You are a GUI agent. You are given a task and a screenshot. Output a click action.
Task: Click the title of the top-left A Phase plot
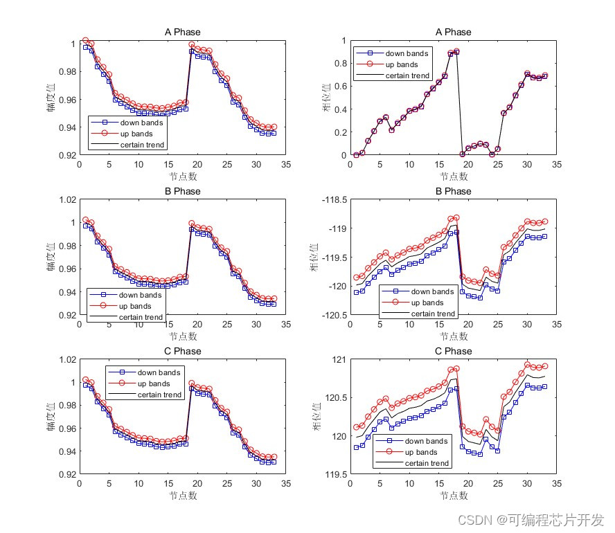pos(182,32)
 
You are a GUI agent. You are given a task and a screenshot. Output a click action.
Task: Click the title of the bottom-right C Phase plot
pos(453,351)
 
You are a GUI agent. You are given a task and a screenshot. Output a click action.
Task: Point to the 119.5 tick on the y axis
pos(335,474)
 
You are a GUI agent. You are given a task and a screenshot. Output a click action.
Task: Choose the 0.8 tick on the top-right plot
pos(339,63)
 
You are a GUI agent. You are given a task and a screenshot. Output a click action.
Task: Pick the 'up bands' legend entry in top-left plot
pos(142,134)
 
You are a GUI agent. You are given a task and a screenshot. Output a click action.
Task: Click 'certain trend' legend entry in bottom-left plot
pos(159,395)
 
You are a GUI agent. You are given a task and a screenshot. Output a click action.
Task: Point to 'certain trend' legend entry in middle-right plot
pos(433,314)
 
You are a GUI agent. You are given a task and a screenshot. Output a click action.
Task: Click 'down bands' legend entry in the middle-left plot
pos(141,295)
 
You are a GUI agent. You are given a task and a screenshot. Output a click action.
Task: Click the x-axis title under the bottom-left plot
pos(183,496)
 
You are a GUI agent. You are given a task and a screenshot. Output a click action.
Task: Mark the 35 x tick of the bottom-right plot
pos(558,485)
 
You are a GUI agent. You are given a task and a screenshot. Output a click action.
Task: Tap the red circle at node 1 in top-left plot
pos(85,41)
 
